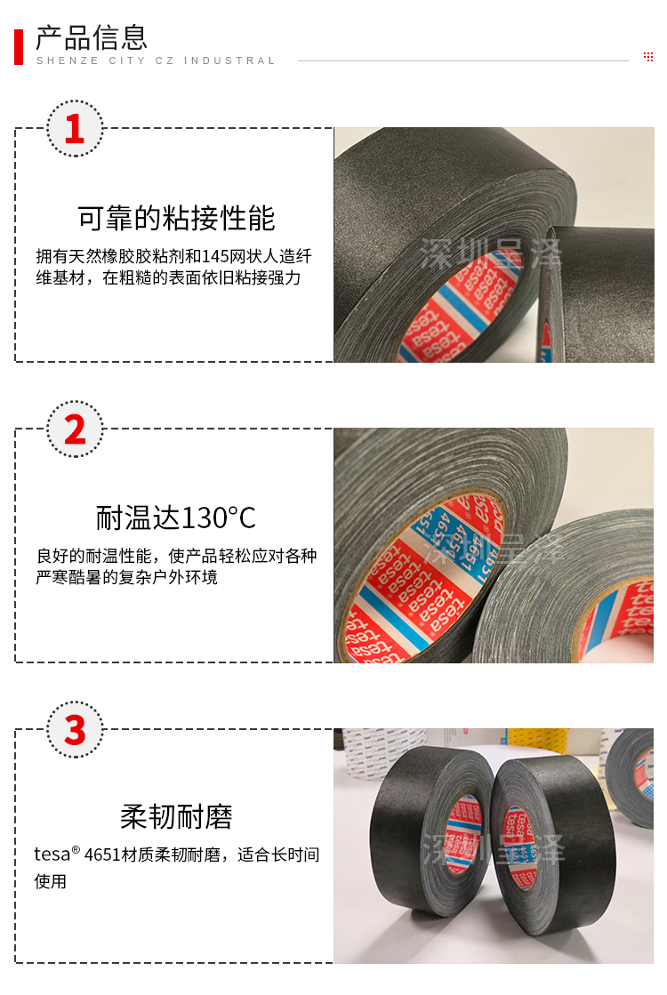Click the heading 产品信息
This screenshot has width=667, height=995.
point(92,37)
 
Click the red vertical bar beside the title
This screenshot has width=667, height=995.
point(19,46)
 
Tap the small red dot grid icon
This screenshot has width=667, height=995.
point(648,57)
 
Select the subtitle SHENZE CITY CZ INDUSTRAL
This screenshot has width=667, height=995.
point(156,61)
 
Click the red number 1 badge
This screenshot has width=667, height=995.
point(75,128)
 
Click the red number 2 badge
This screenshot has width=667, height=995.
point(75,429)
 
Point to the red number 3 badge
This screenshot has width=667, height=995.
point(75,730)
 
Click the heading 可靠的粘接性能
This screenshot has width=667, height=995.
point(176,218)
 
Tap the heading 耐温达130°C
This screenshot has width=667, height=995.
point(176,518)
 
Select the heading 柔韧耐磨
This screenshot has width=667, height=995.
point(176,816)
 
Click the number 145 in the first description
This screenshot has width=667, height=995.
point(215,256)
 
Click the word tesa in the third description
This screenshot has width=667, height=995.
point(52,855)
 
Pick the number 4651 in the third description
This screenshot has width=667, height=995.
point(102,855)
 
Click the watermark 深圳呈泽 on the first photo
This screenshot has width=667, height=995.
point(491,253)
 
